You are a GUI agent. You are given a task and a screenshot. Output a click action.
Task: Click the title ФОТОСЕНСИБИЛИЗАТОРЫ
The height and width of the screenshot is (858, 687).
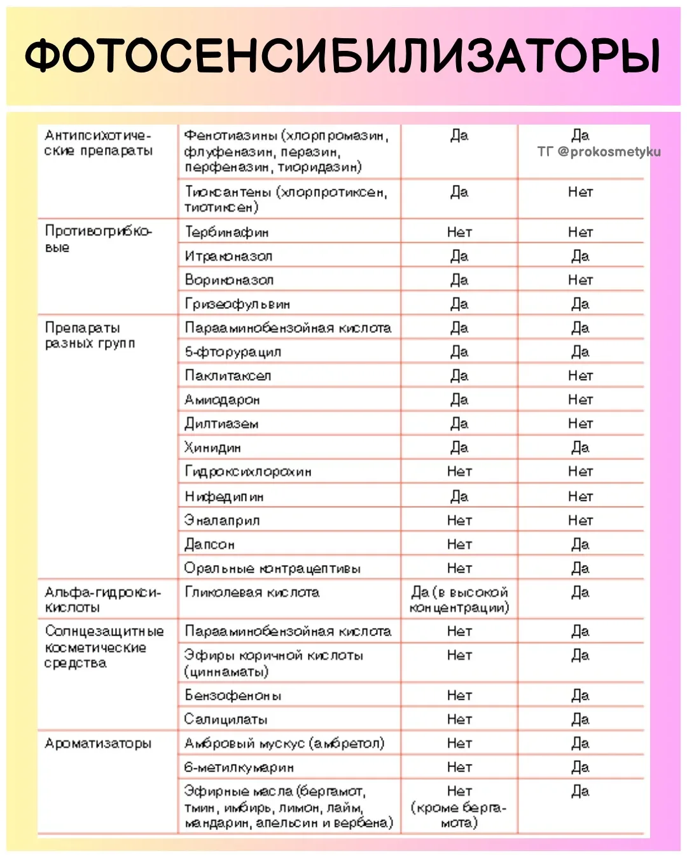click(x=343, y=56)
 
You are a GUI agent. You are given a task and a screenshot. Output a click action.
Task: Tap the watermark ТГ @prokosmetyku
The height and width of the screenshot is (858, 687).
click(x=599, y=152)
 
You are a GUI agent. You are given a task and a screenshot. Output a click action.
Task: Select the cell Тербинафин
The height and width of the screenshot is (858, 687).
click(x=226, y=233)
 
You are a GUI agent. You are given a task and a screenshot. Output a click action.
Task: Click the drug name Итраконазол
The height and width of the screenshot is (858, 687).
click(x=228, y=257)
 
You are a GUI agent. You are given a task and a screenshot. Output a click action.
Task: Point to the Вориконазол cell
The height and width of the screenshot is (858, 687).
click(x=229, y=280)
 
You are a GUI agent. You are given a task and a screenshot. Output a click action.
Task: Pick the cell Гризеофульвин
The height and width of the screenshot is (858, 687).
click(x=237, y=304)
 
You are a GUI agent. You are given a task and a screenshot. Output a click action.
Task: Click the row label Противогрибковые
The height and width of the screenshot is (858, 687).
click(x=99, y=239)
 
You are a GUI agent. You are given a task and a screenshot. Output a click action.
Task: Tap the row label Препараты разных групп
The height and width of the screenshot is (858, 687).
click(x=90, y=336)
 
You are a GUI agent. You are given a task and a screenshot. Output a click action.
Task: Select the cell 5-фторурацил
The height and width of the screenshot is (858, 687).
click(x=233, y=352)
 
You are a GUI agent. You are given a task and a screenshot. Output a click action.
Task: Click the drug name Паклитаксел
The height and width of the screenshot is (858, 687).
click(x=228, y=376)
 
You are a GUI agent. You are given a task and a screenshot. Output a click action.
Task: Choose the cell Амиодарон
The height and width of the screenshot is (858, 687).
click(x=222, y=400)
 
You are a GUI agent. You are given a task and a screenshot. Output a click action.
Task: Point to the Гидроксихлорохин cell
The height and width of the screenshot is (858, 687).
click(x=248, y=472)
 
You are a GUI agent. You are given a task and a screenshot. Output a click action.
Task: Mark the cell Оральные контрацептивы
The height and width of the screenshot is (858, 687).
click(x=272, y=569)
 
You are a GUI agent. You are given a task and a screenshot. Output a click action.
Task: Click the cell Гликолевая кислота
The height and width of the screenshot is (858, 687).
click(x=252, y=593)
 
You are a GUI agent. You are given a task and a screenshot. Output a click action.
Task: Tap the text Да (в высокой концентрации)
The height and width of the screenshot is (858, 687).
click(x=459, y=601)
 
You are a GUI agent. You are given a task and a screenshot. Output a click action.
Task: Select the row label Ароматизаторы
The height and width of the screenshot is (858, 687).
click(x=98, y=744)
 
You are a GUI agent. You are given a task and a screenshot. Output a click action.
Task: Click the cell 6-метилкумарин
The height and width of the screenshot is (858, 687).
click(x=239, y=768)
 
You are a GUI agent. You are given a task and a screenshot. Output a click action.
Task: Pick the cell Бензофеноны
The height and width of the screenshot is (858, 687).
click(x=233, y=696)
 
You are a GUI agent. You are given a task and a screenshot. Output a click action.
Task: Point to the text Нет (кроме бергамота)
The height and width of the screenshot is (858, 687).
click(x=459, y=807)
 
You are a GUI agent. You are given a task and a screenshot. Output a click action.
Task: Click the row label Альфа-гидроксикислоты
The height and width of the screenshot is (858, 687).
click(x=102, y=600)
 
